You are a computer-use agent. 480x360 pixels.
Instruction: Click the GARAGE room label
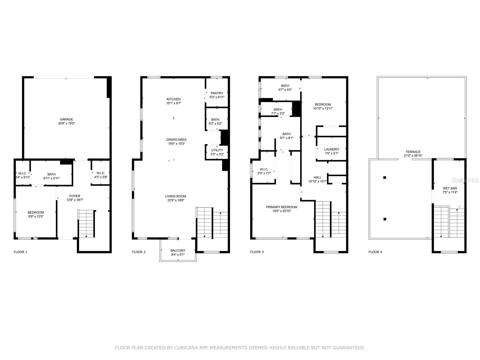click(x=66, y=119)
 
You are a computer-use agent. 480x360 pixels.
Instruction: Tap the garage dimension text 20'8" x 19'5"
click(x=66, y=123)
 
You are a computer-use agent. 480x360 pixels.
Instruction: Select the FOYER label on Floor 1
click(x=75, y=196)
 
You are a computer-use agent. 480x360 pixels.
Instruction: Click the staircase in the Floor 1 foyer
click(x=86, y=223)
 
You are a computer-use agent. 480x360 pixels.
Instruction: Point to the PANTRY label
click(x=217, y=93)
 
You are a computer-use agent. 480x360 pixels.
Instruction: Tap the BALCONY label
click(x=178, y=250)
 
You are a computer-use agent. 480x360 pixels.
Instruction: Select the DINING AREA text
click(x=176, y=139)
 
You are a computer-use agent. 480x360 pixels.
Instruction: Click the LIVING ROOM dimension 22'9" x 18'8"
click(x=176, y=200)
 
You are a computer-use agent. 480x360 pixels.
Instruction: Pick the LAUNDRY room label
click(x=331, y=149)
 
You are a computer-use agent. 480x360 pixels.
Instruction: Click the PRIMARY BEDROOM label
click(x=281, y=207)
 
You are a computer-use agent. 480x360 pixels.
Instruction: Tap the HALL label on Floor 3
click(x=317, y=178)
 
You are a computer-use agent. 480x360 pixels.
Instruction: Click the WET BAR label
click(x=450, y=188)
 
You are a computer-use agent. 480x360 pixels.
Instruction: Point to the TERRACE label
click(x=413, y=152)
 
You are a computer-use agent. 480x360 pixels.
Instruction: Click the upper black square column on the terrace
click(x=385, y=178)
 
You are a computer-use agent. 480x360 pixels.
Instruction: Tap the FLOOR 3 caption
click(x=257, y=252)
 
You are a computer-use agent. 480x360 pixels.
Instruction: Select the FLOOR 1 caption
click(x=20, y=252)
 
